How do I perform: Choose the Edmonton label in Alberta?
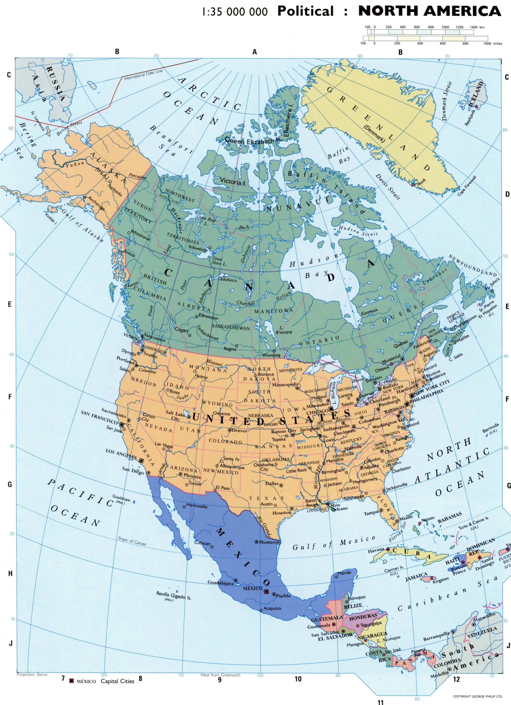(208, 317)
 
